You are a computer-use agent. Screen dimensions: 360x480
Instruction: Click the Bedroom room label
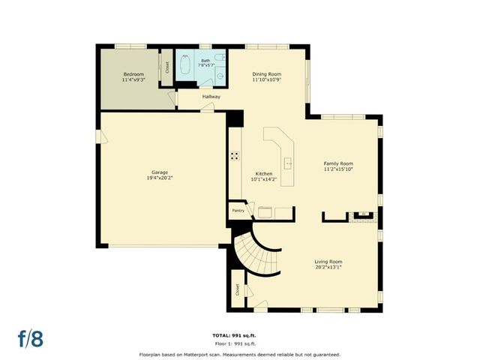(133, 74)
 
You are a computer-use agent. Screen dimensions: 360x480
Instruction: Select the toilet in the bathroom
(220, 57)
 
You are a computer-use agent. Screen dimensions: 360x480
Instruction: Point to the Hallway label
(211, 96)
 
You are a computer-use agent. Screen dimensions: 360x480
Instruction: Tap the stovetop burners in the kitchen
(235, 157)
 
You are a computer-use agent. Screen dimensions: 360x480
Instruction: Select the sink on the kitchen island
(287, 162)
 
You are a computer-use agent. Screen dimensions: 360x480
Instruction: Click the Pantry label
(238, 211)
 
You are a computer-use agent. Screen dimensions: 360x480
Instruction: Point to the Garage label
(160, 172)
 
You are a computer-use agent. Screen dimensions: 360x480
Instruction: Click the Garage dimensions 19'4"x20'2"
(160, 178)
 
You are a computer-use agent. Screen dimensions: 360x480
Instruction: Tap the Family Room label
(337, 163)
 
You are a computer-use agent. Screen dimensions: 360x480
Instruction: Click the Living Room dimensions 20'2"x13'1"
(328, 267)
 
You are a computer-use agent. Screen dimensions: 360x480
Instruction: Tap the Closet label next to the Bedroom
(166, 65)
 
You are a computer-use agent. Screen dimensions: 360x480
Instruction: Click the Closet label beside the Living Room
(237, 289)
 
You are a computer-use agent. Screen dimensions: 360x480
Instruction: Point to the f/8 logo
(31, 338)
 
